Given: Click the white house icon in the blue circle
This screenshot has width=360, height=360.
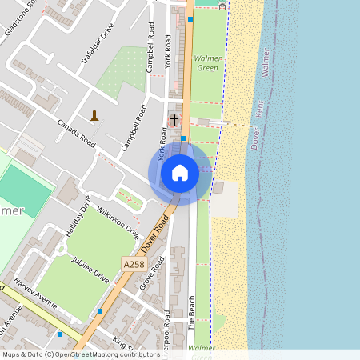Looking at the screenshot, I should click(x=180, y=173).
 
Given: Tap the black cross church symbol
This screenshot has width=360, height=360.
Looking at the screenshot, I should click(x=174, y=119).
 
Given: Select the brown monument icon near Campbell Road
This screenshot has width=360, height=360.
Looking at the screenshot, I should click(x=94, y=115).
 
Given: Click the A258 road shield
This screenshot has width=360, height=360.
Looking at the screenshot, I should click(x=134, y=263).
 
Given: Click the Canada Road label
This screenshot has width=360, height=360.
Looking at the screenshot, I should click(x=77, y=135).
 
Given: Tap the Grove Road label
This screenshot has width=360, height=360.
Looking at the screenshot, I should click(x=157, y=274).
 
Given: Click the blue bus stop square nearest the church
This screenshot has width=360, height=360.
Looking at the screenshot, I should click(x=183, y=138).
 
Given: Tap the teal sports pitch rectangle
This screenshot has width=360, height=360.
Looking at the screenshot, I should click(x=24, y=183).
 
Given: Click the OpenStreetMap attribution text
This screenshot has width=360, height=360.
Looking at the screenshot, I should click(x=80, y=354).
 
